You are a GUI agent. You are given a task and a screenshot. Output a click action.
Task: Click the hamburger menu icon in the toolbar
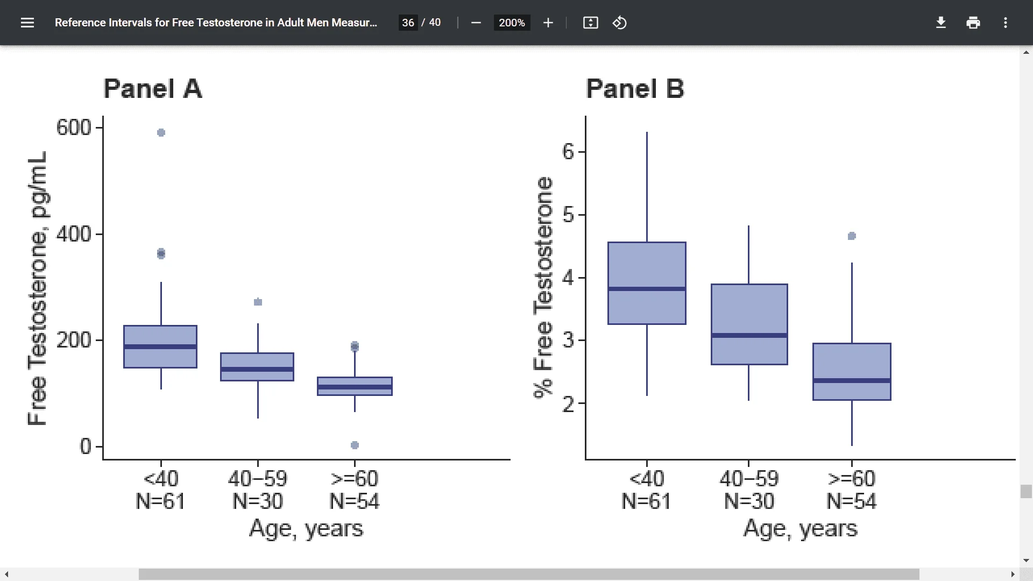[27, 23]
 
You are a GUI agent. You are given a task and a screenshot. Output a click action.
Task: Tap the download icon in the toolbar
[941, 23]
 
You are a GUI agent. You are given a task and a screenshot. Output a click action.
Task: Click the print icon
[973, 23]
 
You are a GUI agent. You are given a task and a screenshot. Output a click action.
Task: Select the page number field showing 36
[408, 23]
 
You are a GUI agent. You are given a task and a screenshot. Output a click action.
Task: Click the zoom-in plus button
[548, 23]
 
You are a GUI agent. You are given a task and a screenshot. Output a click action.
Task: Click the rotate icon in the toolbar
[619, 23]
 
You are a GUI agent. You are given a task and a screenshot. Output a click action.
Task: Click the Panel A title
[153, 89]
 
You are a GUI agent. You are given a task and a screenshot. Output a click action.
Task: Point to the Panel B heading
[635, 89]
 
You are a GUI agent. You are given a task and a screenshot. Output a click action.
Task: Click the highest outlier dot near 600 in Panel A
[161, 132]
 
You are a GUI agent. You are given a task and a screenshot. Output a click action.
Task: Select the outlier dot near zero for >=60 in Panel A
[355, 445]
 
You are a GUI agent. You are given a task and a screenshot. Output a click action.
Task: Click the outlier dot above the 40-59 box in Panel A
[258, 302]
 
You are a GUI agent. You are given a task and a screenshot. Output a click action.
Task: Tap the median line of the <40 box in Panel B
[647, 289]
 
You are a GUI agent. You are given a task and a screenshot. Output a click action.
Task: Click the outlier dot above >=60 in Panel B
[852, 236]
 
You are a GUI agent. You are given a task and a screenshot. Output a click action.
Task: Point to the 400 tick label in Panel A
[74, 234]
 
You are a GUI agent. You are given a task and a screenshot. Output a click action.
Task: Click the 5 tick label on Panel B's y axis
[568, 215]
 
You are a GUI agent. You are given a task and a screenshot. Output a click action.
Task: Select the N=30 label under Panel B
[749, 501]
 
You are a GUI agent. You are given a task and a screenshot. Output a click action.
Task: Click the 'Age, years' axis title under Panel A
[306, 528]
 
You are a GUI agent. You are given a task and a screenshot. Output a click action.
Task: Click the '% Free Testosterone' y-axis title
[543, 288]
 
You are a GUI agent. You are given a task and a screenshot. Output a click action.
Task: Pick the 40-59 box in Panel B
[749, 312]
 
